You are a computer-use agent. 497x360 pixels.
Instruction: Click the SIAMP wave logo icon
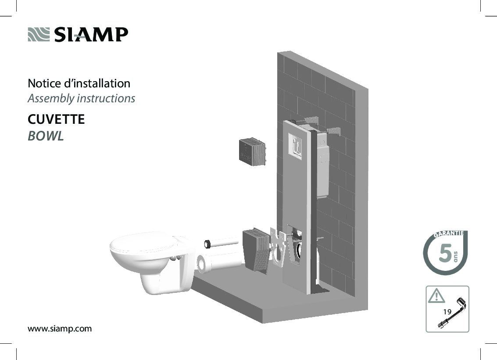click(x=39, y=34)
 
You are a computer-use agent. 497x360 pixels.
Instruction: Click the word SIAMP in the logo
click(x=91, y=35)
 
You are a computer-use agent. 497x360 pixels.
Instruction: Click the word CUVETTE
click(x=56, y=119)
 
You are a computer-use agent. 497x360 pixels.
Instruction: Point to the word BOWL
click(x=46, y=136)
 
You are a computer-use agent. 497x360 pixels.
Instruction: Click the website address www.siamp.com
click(x=60, y=328)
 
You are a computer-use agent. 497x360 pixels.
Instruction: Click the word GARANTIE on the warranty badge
click(x=448, y=234)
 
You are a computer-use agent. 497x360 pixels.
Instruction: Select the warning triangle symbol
click(x=436, y=295)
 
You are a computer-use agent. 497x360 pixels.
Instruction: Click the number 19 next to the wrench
click(x=447, y=311)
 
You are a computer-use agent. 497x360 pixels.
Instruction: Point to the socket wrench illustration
click(x=451, y=313)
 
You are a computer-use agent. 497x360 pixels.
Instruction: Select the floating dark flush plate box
click(x=252, y=152)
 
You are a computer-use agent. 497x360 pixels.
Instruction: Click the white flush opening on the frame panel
click(x=295, y=145)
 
